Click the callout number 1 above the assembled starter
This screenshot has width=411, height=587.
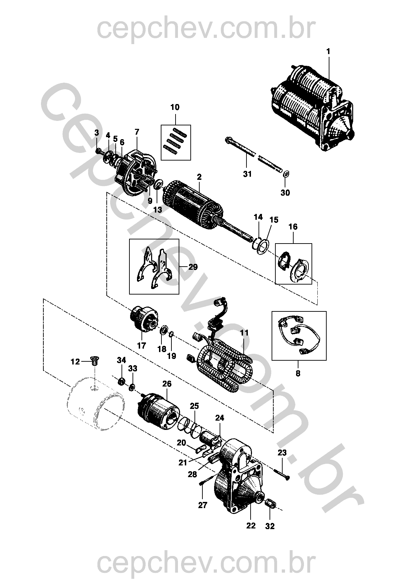[328, 51]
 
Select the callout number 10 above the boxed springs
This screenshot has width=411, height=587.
[175, 107]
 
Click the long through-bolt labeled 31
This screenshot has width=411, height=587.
[255, 157]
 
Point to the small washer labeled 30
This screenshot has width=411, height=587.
[286, 174]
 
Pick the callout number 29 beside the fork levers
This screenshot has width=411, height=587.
[193, 267]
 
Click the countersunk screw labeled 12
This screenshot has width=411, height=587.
[94, 361]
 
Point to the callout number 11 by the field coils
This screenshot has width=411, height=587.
[244, 333]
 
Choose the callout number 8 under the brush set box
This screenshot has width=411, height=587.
[298, 373]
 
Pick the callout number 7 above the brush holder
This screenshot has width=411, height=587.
[137, 132]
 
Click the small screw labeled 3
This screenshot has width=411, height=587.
[99, 151]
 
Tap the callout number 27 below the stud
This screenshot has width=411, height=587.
[203, 505]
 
